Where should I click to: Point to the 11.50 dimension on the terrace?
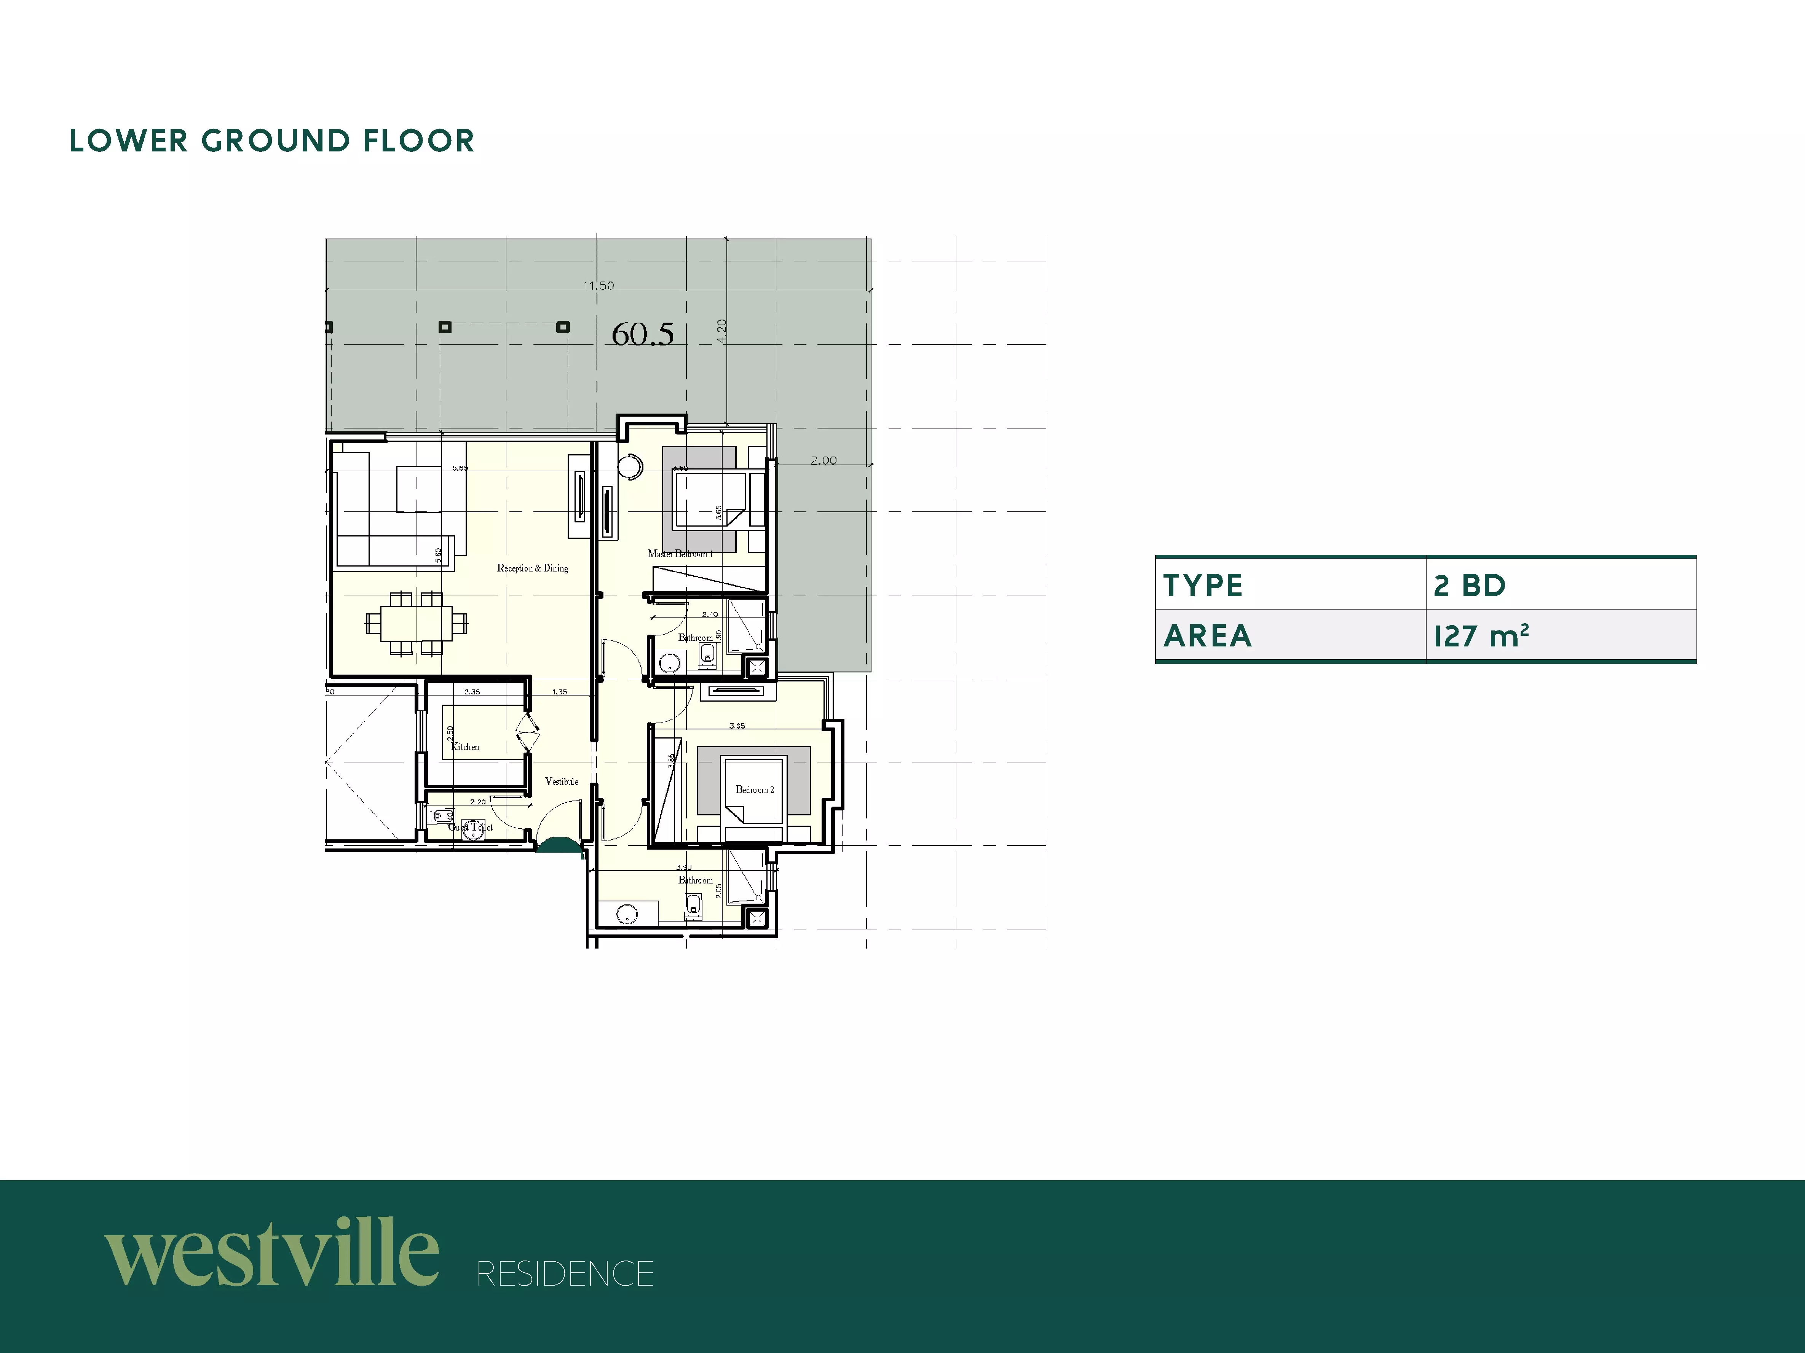pos(598,285)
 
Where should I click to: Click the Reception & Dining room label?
pos(532,568)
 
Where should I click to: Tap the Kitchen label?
pos(465,746)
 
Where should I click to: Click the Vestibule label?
pos(562,781)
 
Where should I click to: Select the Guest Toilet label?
pos(471,827)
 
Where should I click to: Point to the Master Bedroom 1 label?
pos(680,554)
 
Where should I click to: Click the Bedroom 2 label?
pos(754,790)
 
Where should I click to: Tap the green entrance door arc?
pos(559,846)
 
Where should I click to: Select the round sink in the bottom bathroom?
pos(627,914)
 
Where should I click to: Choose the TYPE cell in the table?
pos(1289,585)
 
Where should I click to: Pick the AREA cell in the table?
pos(1289,635)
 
